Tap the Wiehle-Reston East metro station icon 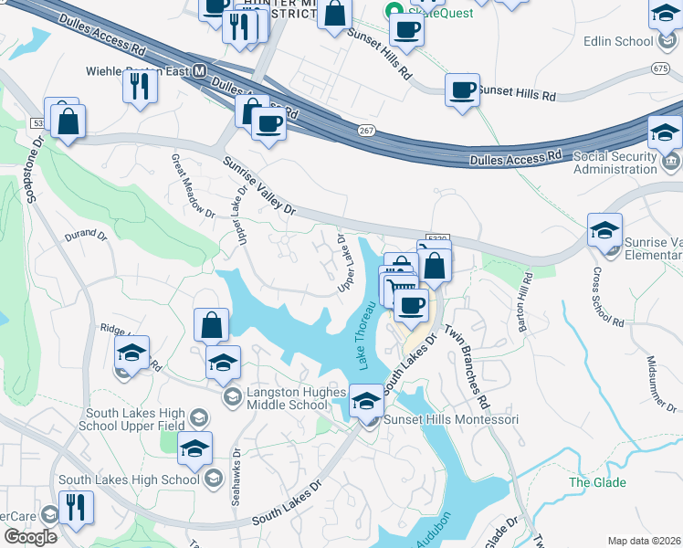point(198,71)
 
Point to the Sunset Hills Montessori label point(451,419)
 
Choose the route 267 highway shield point(365,132)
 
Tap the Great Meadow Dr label point(192,186)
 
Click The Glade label point(597,482)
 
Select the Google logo point(30,537)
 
